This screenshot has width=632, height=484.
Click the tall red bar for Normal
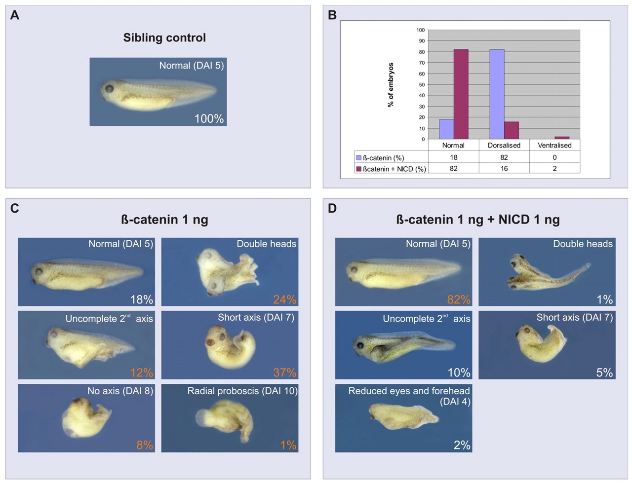(x=461, y=94)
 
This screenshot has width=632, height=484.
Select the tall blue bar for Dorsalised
(x=497, y=94)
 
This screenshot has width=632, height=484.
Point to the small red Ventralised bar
(x=562, y=138)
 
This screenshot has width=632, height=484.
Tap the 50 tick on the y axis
(x=422, y=85)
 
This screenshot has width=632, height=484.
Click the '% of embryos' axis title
(x=391, y=85)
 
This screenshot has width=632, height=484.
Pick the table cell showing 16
(x=504, y=168)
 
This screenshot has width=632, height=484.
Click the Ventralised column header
(x=554, y=146)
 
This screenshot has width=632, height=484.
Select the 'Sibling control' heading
(x=164, y=38)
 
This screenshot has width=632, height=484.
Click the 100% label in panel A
(x=209, y=119)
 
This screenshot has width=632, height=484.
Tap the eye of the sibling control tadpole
(x=109, y=89)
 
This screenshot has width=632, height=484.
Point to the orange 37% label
(x=285, y=372)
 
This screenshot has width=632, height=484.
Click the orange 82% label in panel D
(x=459, y=299)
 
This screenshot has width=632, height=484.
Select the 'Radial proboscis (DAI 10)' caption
(x=242, y=391)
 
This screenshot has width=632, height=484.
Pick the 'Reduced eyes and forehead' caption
(x=409, y=391)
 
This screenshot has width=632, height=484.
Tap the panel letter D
(x=332, y=208)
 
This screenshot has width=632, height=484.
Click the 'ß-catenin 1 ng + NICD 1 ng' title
(x=477, y=220)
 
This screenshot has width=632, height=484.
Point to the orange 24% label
(x=285, y=299)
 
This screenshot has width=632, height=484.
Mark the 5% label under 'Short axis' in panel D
(x=604, y=372)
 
